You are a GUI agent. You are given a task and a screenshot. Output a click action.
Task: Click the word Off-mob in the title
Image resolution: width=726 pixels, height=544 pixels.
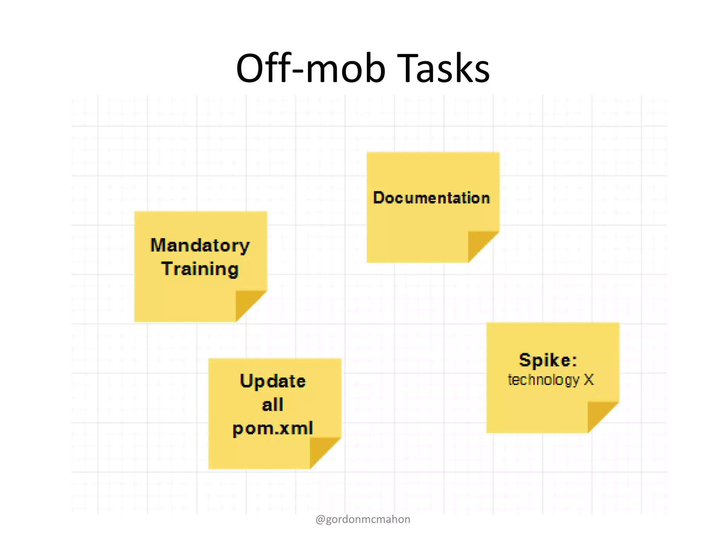[x=311, y=68]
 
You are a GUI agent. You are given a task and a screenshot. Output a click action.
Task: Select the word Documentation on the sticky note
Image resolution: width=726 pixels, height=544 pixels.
[x=431, y=198]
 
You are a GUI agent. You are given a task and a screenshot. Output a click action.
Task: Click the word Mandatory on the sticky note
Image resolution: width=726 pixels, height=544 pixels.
[x=200, y=245]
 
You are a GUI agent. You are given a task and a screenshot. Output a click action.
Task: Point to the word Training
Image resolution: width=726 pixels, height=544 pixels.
[x=200, y=269]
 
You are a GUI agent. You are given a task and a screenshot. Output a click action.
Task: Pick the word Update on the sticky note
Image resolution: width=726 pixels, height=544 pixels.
[x=273, y=381]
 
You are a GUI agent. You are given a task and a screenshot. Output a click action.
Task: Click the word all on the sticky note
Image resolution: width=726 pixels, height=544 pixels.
[x=273, y=404]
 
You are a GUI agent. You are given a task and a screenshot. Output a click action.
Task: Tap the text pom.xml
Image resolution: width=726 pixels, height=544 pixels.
[x=273, y=428]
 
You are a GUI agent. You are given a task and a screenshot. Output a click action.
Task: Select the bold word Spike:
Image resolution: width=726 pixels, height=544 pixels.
[x=548, y=360]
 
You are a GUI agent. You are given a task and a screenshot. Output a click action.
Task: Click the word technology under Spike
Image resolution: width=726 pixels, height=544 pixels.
[x=543, y=380]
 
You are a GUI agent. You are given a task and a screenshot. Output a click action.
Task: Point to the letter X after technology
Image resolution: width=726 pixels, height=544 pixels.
[x=589, y=380]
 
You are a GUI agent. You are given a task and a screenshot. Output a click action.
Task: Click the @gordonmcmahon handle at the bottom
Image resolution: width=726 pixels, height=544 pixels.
[x=363, y=519]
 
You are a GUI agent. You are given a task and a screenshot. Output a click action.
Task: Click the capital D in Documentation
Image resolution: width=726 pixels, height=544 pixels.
[x=380, y=198]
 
